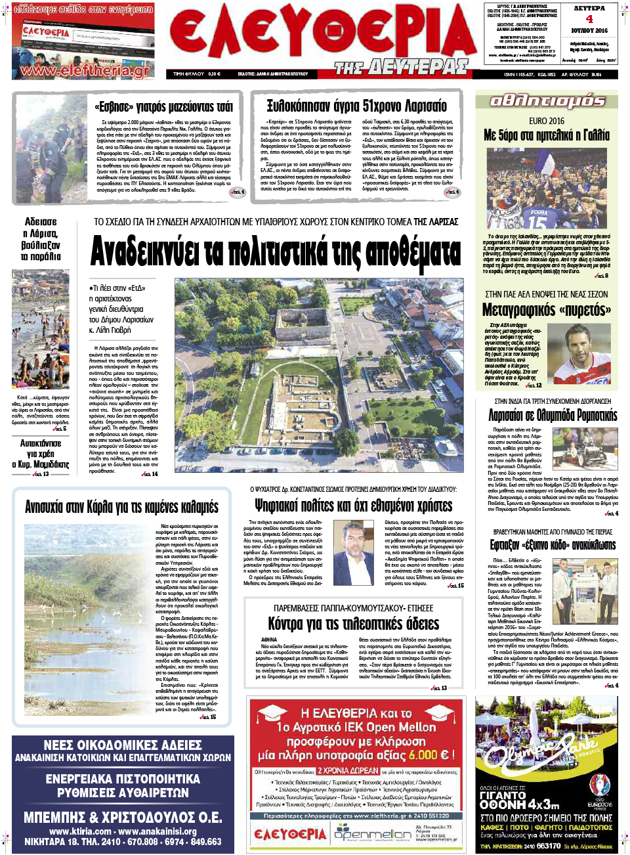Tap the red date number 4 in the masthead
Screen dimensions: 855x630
click(589, 19)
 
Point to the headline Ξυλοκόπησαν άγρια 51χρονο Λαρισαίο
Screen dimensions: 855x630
click(356, 106)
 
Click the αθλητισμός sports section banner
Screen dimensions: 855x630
click(547, 100)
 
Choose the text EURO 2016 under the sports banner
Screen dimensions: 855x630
click(546, 121)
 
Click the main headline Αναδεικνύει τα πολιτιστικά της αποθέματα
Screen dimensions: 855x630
click(276, 251)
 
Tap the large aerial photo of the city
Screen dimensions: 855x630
click(318, 374)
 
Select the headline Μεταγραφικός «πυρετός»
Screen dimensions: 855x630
click(546, 309)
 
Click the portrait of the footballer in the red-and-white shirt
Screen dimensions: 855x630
click(578, 354)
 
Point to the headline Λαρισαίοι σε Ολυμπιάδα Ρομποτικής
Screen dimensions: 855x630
click(553, 415)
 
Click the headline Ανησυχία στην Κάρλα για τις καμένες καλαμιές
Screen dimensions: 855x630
click(121, 507)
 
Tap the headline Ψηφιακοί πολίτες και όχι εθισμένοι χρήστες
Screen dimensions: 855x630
click(353, 506)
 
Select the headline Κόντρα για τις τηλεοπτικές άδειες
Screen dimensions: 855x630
click(353, 624)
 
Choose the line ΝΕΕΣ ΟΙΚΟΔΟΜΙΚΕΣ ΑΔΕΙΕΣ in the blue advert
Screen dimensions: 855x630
click(123, 745)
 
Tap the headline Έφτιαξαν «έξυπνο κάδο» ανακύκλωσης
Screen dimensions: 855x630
click(553, 545)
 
